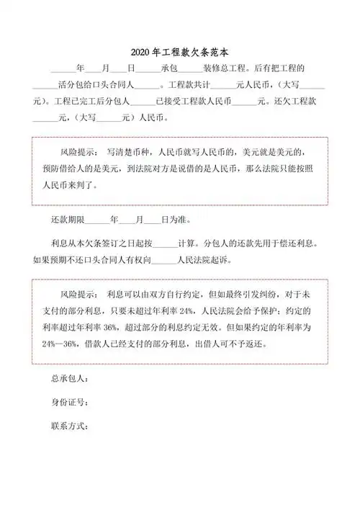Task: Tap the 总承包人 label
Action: (69, 378)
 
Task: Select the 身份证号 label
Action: (69, 401)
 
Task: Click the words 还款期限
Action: (69, 219)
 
